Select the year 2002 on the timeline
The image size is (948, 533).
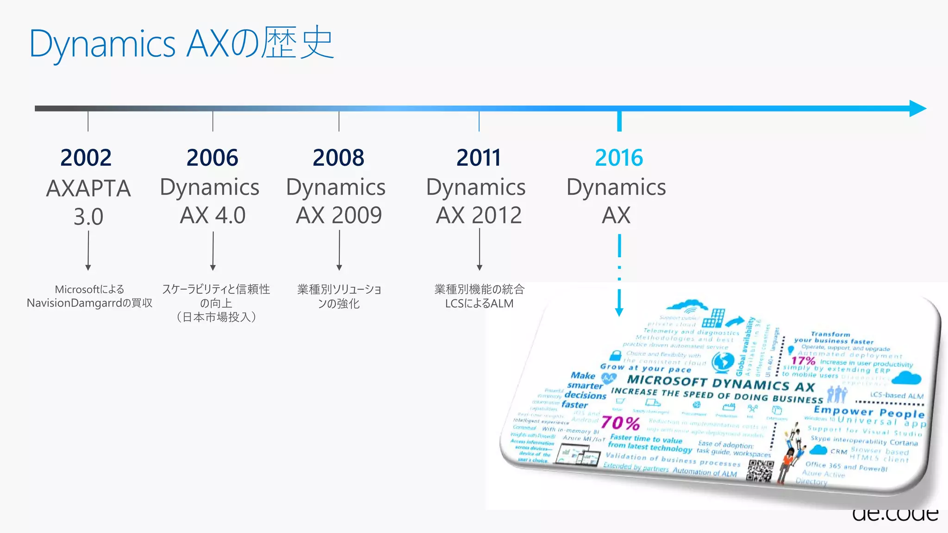click(86, 158)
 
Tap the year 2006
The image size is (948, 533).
click(212, 158)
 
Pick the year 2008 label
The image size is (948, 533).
click(338, 158)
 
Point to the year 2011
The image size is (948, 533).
click(479, 158)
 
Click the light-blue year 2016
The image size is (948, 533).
click(619, 158)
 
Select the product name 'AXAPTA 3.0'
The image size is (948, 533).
click(88, 202)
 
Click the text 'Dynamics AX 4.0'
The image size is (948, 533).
click(210, 201)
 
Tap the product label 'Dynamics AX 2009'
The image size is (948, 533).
click(337, 201)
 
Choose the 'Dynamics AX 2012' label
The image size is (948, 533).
click(477, 201)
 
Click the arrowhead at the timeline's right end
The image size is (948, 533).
click(917, 109)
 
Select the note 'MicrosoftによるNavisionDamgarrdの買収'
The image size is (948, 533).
click(89, 296)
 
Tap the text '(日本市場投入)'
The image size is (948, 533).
click(216, 317)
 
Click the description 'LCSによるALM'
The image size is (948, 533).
click(479, 304)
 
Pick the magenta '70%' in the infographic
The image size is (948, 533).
click(620, 423)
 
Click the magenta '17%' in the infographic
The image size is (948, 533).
click(803, 360)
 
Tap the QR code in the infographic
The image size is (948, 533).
click(761, 471)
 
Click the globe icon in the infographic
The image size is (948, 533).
click(723, 362)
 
